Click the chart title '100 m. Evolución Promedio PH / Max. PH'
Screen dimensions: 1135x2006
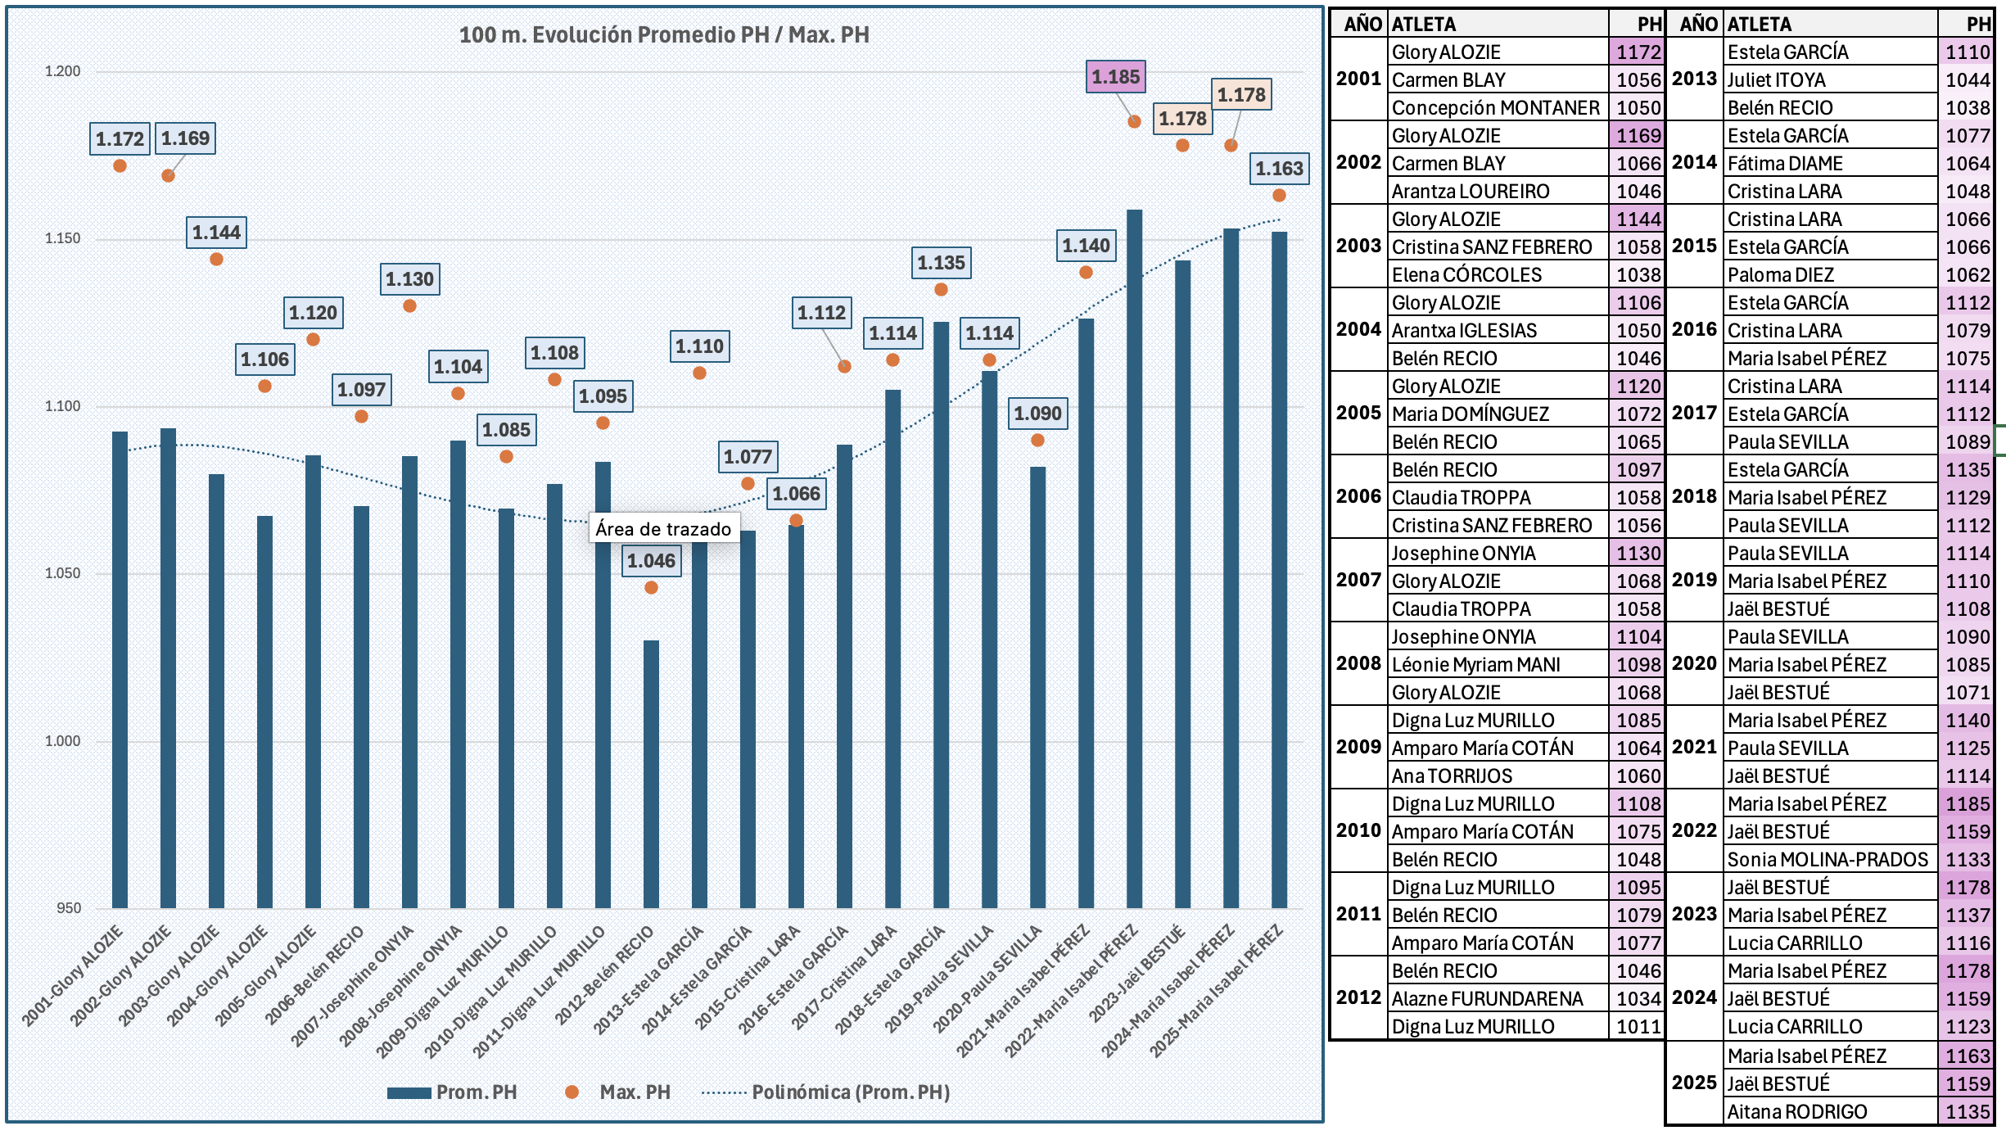point(663,34)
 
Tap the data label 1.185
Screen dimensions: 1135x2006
point(1115,77)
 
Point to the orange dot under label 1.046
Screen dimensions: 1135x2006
point(651,587)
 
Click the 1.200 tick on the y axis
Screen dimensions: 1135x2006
point(62,71)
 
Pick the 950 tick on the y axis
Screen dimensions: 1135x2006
point(69,907)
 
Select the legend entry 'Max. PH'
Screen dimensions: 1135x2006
point(634,1092)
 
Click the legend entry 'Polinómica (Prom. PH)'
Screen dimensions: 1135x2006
point(850,1092)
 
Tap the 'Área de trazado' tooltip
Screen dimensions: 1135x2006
point(663,529)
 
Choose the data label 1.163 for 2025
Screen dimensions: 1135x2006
point(1279,169)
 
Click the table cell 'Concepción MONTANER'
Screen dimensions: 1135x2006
point(1495,108)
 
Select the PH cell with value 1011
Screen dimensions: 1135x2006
point(1638,1027)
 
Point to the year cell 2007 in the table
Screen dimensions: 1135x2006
point(1358,580)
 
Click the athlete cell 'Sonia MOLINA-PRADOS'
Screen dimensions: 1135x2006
point(1828,860)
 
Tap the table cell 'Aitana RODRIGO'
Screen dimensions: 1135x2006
point(1797,1111)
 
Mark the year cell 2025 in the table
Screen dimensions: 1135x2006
point(1694,1083)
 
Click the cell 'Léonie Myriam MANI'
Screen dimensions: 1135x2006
point(1475,665)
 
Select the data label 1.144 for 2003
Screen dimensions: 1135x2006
point(216,233)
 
